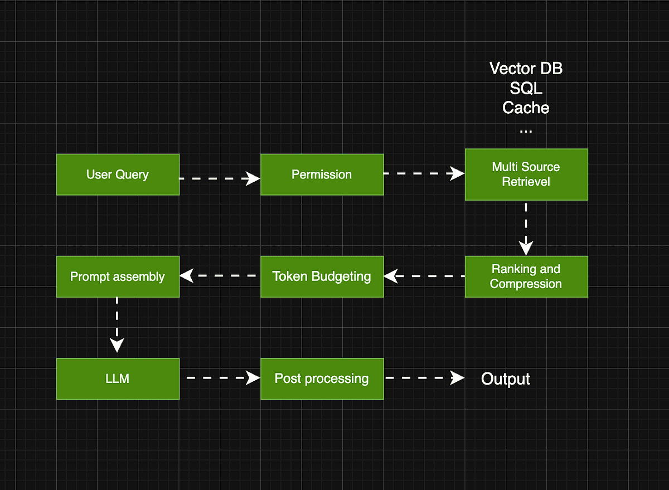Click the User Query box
click(118, 174)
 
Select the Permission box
click(322, 174)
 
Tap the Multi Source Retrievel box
click(526, 174)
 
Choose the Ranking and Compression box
click(526, 276)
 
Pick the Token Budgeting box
click(322, 276)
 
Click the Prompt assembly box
click(118, 276)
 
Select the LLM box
click(118, 379)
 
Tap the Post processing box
click(322, 379)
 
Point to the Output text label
click(505, 379)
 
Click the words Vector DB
click(526, 69)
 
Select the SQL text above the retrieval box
click(526, 88)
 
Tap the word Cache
click(526, 108)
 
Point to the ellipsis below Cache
click(526, 130)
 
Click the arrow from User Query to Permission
click(220, 178)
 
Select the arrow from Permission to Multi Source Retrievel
click(424, 174)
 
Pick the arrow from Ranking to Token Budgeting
click(424, 276)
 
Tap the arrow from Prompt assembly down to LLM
click(117, 324)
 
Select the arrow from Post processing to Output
click(424, 378)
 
